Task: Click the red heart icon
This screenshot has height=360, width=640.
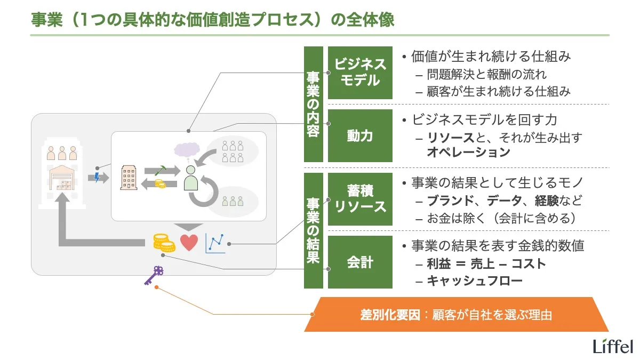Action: (189, 243)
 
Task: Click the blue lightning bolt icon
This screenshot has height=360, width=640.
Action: (97, 177)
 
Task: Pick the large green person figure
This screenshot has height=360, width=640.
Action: (190, 179)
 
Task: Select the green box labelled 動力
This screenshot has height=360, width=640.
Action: (360, 136)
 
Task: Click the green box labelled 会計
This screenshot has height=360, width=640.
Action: (360, 262)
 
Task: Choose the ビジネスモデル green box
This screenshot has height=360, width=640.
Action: (360, 73)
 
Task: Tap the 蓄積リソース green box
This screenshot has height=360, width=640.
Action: (360, 199)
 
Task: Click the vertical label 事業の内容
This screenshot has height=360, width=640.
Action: (314, 104)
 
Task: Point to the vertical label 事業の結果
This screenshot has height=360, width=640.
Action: (314, 230)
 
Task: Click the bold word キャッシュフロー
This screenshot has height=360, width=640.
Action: (475, 281)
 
